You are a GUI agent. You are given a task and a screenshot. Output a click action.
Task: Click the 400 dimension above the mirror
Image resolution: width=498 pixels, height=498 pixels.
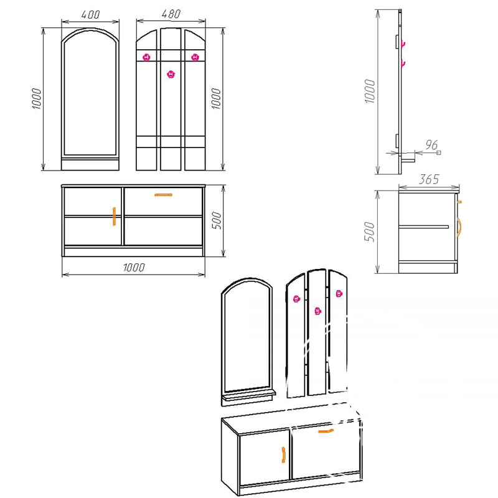point(90,14)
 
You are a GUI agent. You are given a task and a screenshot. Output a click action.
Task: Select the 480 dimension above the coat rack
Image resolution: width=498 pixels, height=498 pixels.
point(171,14)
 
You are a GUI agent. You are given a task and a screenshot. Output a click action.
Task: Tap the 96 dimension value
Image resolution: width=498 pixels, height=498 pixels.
point(431,145)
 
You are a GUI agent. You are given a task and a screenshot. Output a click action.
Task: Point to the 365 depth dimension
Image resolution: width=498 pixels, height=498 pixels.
point(429,179)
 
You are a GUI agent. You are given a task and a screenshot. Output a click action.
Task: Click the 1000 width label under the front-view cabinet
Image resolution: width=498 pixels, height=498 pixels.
point(134,268)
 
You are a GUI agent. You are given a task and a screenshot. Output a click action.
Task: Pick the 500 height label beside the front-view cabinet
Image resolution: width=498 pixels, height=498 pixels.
point(217,220)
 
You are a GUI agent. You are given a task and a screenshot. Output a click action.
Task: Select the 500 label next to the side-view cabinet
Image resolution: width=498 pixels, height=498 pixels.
point(369,232)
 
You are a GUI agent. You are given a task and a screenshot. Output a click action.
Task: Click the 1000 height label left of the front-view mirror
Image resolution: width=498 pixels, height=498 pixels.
point(37,99)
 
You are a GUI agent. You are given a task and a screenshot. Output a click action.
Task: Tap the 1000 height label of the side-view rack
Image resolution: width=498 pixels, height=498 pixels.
point(370,91)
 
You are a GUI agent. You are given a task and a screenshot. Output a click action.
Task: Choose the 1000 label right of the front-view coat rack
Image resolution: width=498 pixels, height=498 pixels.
point(216,99)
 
